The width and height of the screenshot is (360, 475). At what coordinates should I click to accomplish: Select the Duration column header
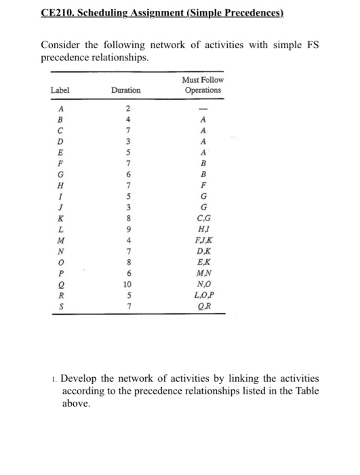pos(127,90)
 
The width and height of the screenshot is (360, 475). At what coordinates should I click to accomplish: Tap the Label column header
pos(60,90)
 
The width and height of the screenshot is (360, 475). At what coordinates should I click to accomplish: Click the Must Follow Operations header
pos(202,85)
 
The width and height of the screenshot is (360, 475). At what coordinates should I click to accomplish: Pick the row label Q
pos(61,286)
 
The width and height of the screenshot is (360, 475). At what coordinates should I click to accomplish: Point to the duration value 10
pos(127,286)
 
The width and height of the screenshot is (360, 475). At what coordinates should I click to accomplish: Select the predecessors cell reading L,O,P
pos(202,297)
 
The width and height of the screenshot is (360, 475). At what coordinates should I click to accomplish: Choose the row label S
pos(61,307)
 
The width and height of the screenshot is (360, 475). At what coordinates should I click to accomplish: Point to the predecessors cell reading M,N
pos(202,275)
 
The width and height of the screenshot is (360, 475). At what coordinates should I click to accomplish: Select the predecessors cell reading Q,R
pos(202,307)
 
